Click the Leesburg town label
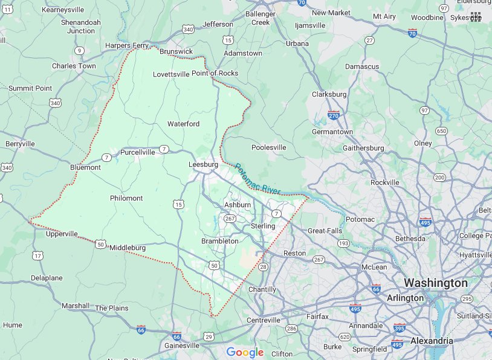point(203,164)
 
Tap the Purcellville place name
point(138,152)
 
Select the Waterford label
point(183,124)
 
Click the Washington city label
point(435,283)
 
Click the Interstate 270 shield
point(334,115)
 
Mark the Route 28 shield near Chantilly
point(264,266)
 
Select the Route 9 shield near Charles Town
point(79,51)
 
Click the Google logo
point(245,352)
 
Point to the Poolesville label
point(269,147)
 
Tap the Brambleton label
point(219,240)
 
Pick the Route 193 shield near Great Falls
point(343,243)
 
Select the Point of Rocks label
point(215,73)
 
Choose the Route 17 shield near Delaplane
point(38,256)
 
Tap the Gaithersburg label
point(363,148)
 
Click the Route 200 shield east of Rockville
point(439,178)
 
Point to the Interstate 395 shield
point(399,328)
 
